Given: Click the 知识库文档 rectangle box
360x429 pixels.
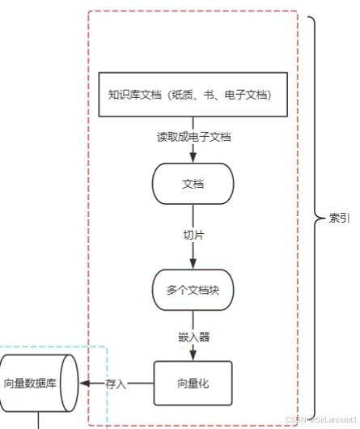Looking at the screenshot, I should [x=193, y=95].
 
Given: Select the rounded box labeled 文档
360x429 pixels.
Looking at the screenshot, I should [x=193, y=184].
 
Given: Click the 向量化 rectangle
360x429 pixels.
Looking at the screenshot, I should [x=193, y=382].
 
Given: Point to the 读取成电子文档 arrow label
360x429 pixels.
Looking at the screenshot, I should [x=194, y=137].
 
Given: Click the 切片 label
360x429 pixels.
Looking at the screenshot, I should [x=193, y=235].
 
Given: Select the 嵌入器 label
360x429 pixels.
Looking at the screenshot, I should [x=193, y=336].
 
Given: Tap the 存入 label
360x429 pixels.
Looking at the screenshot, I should [x=116, y=384].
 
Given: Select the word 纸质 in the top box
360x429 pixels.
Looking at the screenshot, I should [x=179, y=95].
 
